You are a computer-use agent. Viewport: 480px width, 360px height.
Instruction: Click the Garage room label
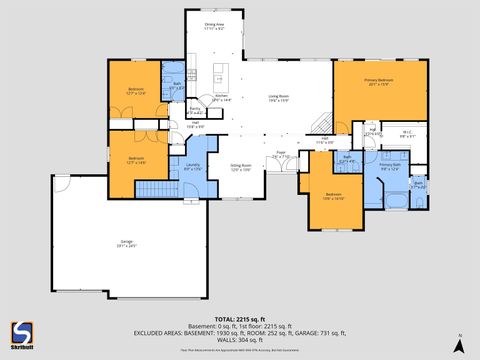[x=127, y=243]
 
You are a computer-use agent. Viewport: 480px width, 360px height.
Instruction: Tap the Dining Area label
[x=213, y=24]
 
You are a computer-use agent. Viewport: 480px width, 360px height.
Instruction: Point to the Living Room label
[x=277, y=97]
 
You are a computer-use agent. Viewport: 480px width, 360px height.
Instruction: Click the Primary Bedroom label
[x=378, y=81]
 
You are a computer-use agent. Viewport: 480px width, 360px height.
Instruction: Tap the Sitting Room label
[x=241, y=167]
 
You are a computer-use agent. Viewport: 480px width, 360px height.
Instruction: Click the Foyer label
[x=281, y=155]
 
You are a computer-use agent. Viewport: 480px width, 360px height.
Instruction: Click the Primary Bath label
[x=389, y=166]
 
